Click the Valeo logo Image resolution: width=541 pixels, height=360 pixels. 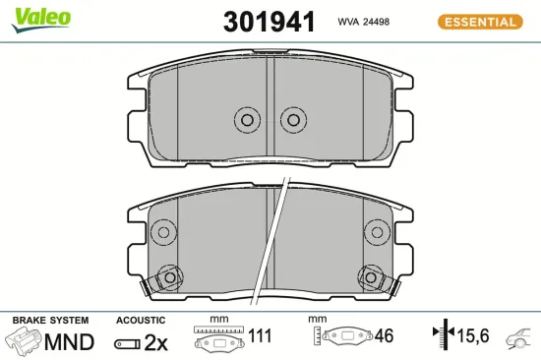40,20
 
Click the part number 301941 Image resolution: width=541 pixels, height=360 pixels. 270,22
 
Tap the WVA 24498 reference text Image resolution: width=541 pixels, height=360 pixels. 364,22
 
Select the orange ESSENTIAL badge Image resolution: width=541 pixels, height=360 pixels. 480,22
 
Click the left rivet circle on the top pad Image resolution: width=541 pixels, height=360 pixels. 247,120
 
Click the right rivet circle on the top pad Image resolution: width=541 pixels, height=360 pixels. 294,120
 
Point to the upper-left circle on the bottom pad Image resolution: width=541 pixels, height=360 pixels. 163,232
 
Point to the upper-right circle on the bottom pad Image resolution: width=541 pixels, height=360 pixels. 377,232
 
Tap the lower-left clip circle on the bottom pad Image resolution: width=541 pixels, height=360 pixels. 170,277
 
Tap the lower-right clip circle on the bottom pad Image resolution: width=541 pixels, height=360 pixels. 371,277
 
